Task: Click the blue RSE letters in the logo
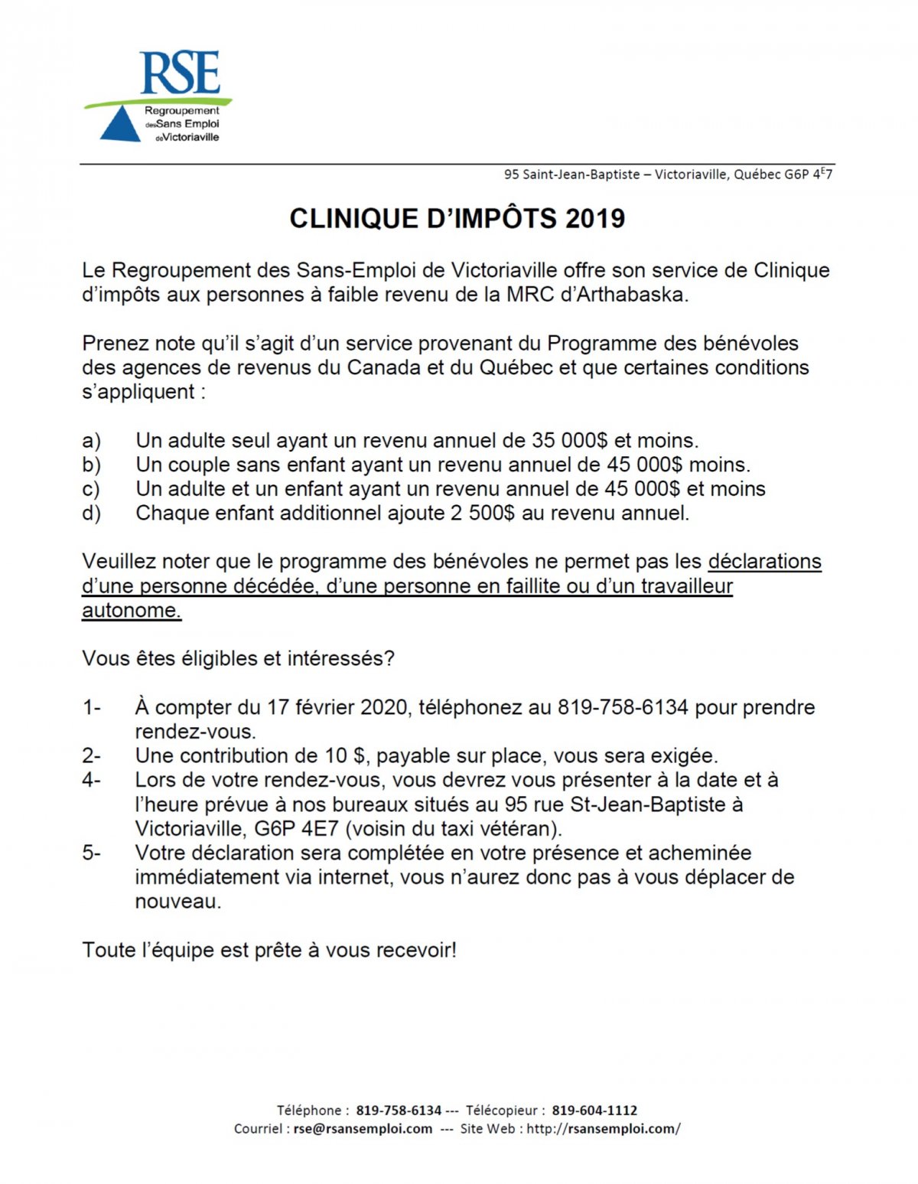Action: coord(181,73)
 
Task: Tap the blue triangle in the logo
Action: coord(120,126)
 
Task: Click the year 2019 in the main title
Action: coord(595,219)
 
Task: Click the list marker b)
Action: coord(92,465)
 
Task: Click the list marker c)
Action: coord(91,489)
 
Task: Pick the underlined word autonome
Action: coord(132,611)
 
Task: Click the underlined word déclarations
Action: coord(764,562)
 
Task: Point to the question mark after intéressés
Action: coord(390,659)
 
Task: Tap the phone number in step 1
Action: coord(623,708)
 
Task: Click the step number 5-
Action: coord(92,853)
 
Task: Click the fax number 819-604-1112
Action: coord(594,1111)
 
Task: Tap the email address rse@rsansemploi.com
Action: coord(363,1129)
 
